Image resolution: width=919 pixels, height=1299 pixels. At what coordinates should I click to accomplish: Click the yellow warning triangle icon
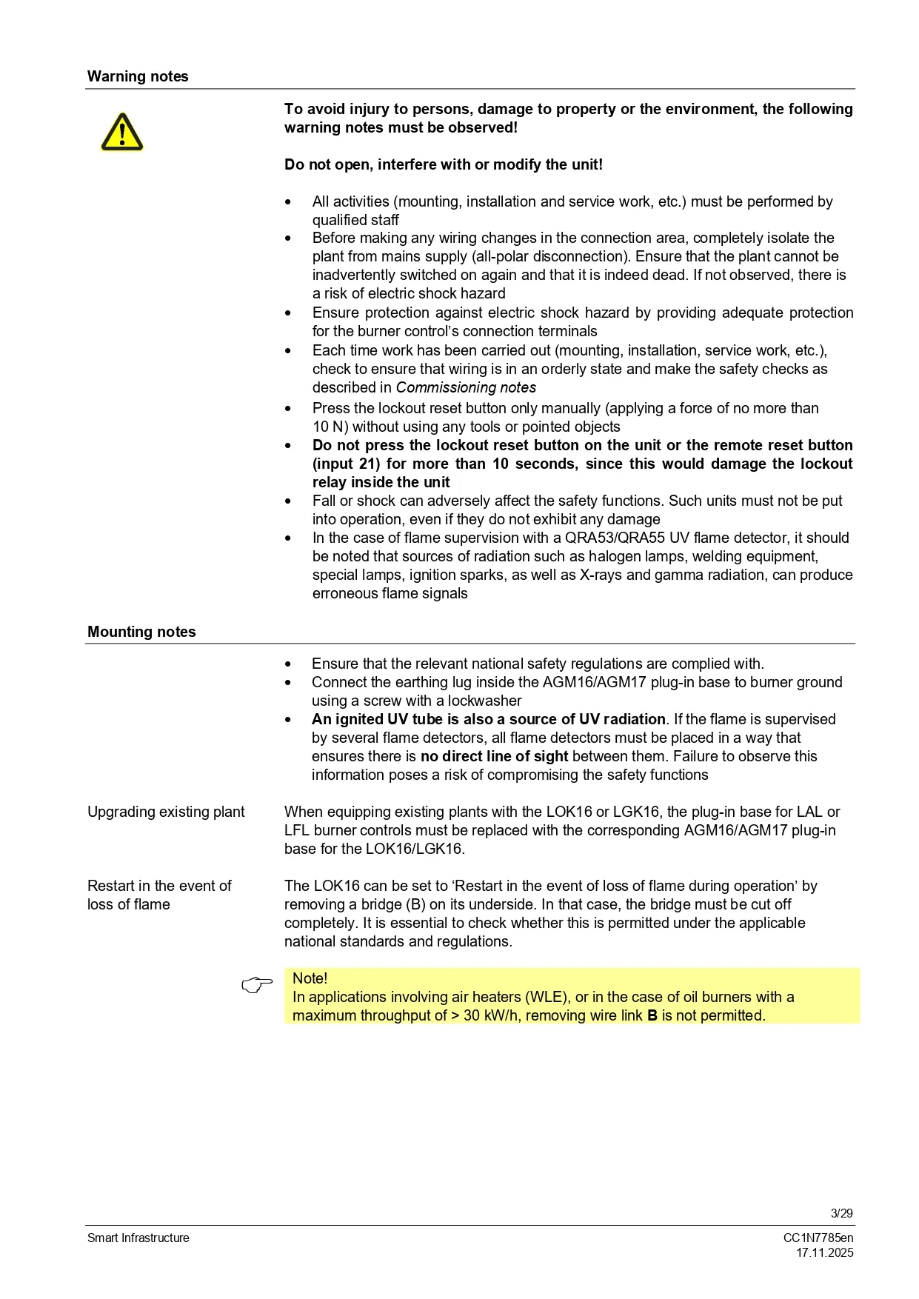click(122, 133)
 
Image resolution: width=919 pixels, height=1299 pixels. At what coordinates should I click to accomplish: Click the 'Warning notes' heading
click(138, 76)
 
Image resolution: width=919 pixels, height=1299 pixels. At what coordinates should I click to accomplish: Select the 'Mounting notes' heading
click(141, 632)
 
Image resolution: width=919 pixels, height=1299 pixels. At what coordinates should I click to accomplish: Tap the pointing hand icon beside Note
click(257, 985)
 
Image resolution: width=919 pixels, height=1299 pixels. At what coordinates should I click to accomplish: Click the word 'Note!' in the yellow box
click(310, 978)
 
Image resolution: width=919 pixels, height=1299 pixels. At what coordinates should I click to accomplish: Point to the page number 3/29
click(841, 1213)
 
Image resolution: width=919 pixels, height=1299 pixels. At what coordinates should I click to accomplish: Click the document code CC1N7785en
click(818, 1238)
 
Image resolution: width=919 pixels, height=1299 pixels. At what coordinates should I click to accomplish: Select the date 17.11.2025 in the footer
click(825, 1252)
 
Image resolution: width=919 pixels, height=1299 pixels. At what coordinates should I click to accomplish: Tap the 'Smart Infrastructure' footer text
click(138, 1238)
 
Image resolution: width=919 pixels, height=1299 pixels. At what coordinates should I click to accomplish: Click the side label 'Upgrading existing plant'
click(166, 812)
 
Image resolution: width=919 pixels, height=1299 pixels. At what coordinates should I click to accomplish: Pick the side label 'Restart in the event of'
click(159, 886)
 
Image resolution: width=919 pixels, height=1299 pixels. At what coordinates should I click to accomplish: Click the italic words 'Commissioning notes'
click(466, 387)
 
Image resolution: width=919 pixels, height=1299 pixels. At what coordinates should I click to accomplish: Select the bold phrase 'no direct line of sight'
click(494, 756)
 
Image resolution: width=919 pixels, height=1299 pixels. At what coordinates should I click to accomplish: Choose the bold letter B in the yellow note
click(652, 1015)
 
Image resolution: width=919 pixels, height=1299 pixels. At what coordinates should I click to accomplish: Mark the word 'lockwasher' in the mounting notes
click(484, 701)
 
